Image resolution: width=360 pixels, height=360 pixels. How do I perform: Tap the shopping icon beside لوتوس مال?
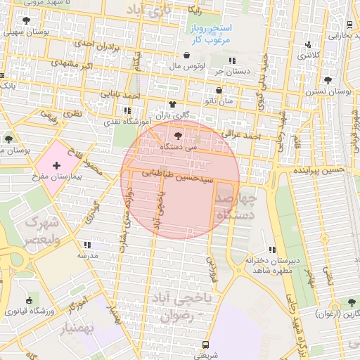(186, 56)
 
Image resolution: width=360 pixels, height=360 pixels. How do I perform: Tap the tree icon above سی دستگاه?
(176, 135)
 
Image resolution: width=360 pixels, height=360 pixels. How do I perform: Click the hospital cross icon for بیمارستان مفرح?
(57, 165)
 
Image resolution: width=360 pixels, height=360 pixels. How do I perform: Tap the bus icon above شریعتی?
(205, 345)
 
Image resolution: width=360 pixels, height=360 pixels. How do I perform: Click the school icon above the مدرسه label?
(88, 245)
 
